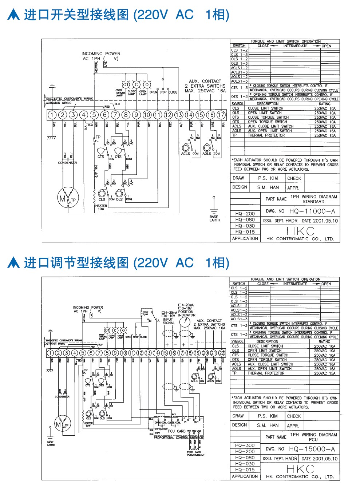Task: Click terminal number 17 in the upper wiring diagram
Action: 221,115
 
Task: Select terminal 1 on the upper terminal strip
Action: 52,115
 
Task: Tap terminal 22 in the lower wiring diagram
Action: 222,353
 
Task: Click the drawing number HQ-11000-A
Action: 312,211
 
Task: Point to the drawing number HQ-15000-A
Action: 312,449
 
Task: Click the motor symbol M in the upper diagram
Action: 63,199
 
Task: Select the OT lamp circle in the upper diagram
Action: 126,84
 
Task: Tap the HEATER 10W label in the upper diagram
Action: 101,207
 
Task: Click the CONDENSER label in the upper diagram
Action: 67,163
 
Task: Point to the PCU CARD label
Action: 177,431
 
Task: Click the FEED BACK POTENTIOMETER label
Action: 195,453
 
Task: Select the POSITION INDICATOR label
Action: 186,313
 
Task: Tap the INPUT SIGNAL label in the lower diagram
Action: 168,321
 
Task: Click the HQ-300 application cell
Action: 245,446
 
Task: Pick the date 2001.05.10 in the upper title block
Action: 319,221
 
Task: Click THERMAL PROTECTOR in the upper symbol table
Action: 266,135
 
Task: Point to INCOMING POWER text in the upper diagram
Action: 101,54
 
